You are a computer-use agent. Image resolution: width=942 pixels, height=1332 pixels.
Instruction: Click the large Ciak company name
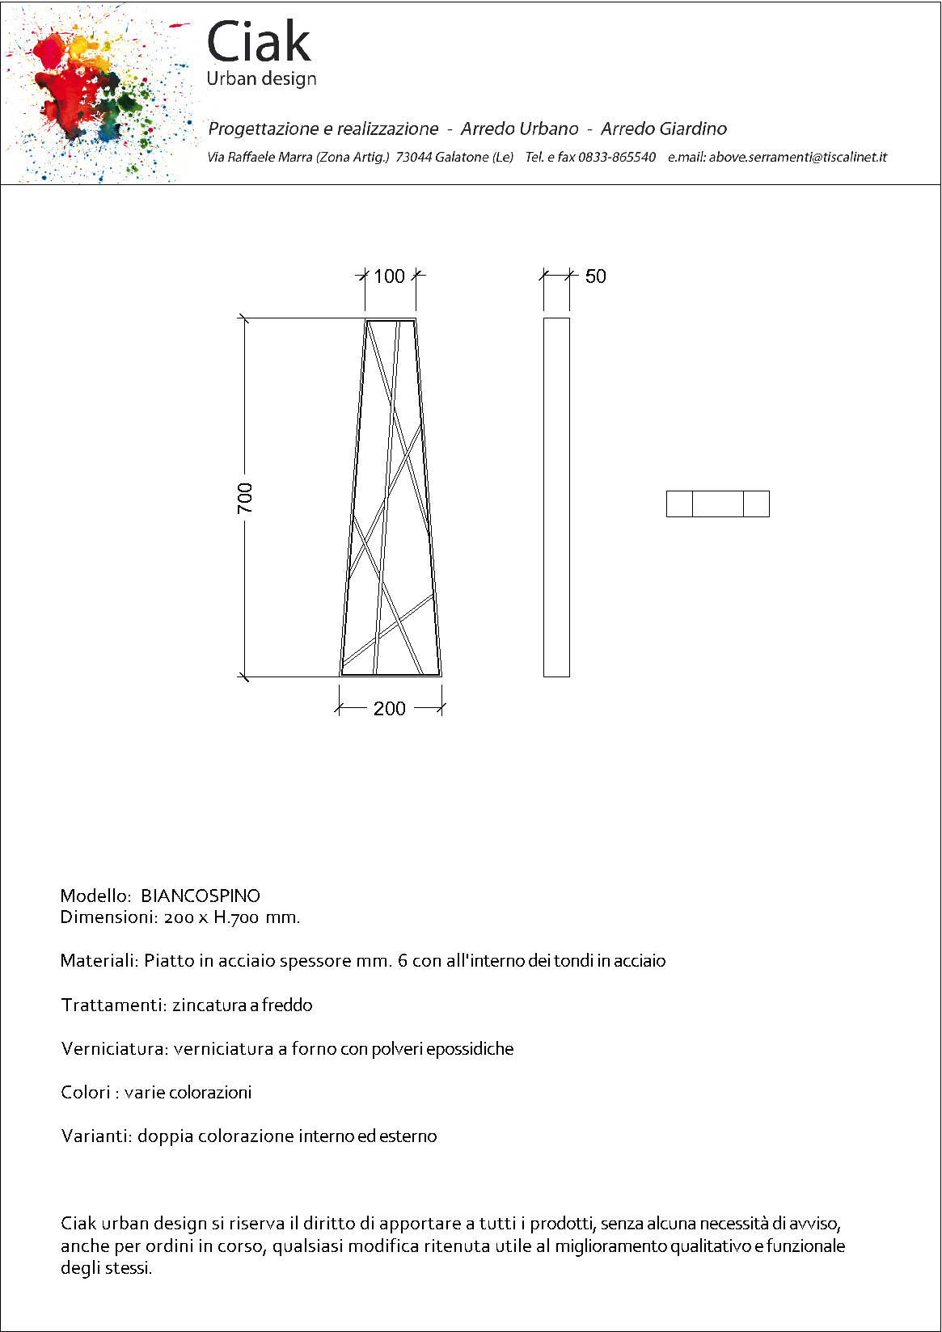[259, 42]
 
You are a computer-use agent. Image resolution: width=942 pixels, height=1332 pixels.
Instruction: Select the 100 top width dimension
[389, 276]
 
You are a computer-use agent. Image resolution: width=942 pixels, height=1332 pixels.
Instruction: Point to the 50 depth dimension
[596, 276]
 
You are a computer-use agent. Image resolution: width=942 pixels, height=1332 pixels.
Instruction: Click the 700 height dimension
[245, 497]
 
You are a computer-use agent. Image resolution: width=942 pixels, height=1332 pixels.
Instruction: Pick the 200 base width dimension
[389, 709]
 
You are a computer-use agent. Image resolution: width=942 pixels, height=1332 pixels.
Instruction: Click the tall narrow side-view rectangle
[556, 497]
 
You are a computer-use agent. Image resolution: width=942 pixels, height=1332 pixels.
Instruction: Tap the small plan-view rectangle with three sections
[717, 504]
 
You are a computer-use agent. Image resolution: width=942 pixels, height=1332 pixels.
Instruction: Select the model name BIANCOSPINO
[201, 896]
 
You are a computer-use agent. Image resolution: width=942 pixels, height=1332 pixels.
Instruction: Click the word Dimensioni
[108, 917]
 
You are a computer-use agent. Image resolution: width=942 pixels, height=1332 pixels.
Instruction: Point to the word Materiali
[99, 961]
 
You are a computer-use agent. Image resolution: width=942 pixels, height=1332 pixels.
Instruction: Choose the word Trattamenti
[114, 1005]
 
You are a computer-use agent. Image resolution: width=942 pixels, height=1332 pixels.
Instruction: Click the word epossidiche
[470, 1049]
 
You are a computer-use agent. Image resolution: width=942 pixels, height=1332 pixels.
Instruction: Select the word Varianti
[96, 1136]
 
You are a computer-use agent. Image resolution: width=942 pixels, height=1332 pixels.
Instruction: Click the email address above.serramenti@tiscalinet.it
[797, 157]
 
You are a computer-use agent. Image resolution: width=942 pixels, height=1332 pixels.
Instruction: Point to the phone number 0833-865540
[616, 157]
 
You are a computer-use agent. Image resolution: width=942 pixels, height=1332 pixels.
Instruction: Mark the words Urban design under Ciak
[261, 79]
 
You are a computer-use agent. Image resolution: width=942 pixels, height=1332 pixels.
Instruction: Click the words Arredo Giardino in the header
[663, 129]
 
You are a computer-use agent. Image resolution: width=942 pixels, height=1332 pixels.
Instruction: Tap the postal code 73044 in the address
[413, 157]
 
